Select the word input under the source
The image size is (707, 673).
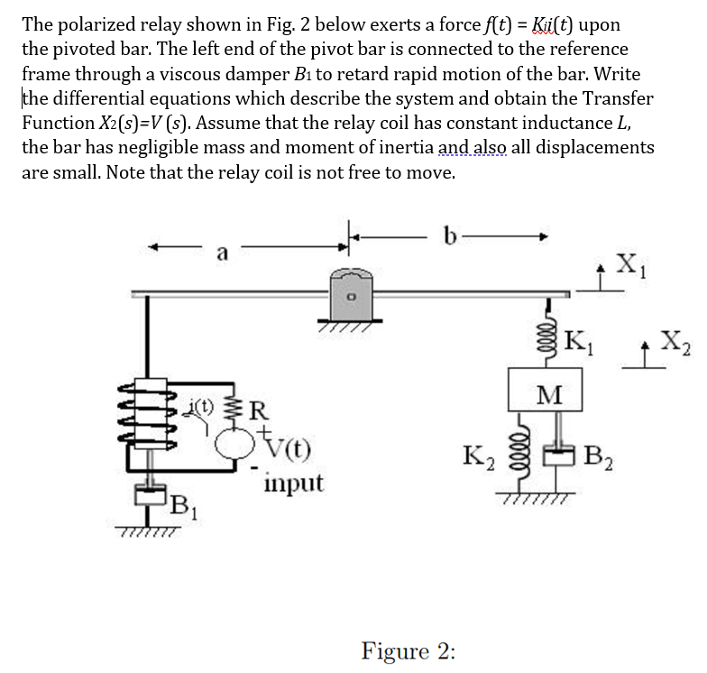[x=293, y=484]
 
